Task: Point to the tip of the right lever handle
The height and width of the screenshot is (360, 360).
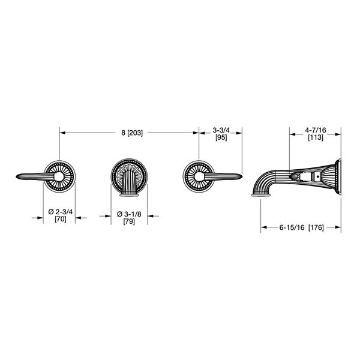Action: coord(241,176)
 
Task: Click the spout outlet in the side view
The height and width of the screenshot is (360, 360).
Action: coord(259,193)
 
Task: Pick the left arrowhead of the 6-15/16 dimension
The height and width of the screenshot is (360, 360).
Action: coord(262,227)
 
